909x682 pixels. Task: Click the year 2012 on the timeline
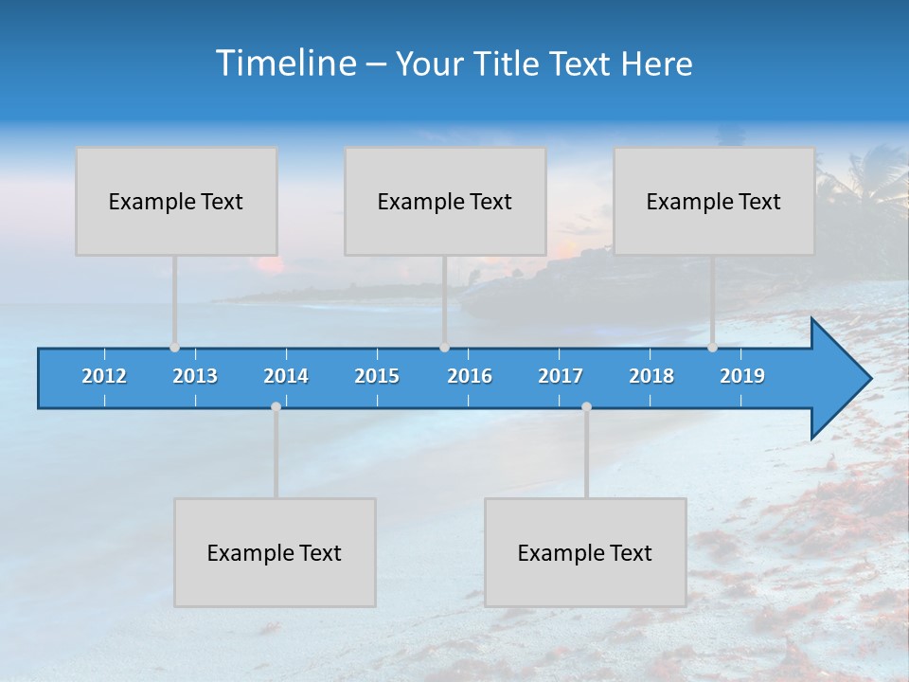coord(104,376)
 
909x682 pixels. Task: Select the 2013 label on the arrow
coord(195,376)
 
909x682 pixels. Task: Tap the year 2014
coord(286,376)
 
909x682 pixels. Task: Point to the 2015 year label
coord(377,376)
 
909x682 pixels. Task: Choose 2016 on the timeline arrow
coord(470,376)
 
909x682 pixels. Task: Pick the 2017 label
coord(561,376)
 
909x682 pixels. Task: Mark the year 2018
coord(651,376)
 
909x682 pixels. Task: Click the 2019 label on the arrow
coord(742,376)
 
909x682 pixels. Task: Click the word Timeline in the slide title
coord(285,63)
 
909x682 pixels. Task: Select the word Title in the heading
coord(507,64)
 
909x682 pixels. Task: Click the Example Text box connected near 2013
coord(176,201)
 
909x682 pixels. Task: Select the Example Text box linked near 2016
coord(445,201)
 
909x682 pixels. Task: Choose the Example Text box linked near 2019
coord(714,201)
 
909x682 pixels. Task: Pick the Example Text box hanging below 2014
coord(275,552)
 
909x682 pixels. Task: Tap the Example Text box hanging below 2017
coord(585,552)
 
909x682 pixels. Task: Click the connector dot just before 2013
coord(174,348)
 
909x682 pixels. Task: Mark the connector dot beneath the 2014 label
coord(276,407)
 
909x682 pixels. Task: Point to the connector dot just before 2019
coord(712,348)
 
